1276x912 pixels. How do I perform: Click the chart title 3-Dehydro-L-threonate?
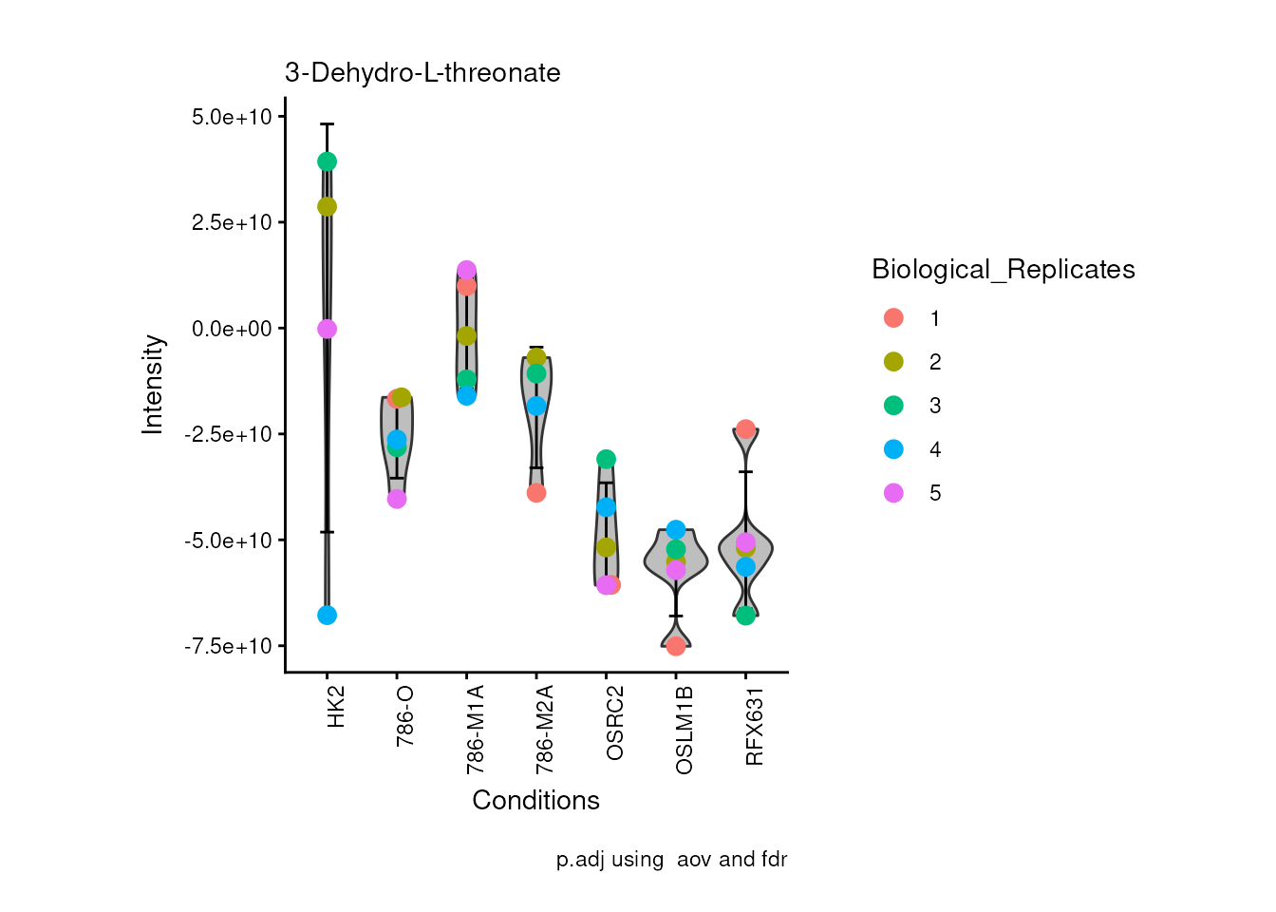pos(422,73)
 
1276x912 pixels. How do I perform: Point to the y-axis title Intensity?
pos(153,384)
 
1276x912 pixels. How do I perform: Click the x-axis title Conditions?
pos(535,800)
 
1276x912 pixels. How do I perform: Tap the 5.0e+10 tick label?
pos(232,117)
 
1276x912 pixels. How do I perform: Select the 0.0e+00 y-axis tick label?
pos(232,329)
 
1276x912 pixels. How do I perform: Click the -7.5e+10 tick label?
pos(228,646)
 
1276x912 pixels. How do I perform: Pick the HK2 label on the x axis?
pos(335,707)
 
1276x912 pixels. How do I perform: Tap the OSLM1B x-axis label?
pos(685,730)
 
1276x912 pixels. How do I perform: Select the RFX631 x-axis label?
pos(755,727)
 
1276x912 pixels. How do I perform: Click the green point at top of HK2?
pos(327,161)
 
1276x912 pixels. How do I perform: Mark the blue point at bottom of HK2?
pos(327,616)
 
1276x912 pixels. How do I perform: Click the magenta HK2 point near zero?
pos(327,329)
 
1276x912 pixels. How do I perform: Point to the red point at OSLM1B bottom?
pos(676,646)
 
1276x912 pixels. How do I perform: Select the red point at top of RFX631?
pos(745,429)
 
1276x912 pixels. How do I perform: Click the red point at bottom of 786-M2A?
pos(536,493)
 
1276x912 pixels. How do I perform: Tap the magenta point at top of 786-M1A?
pos(466,271)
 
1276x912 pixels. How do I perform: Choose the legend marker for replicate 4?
pos(893,449)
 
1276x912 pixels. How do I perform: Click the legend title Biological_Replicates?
pos(1003,270)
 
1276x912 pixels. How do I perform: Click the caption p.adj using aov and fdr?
pos(671,860)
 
